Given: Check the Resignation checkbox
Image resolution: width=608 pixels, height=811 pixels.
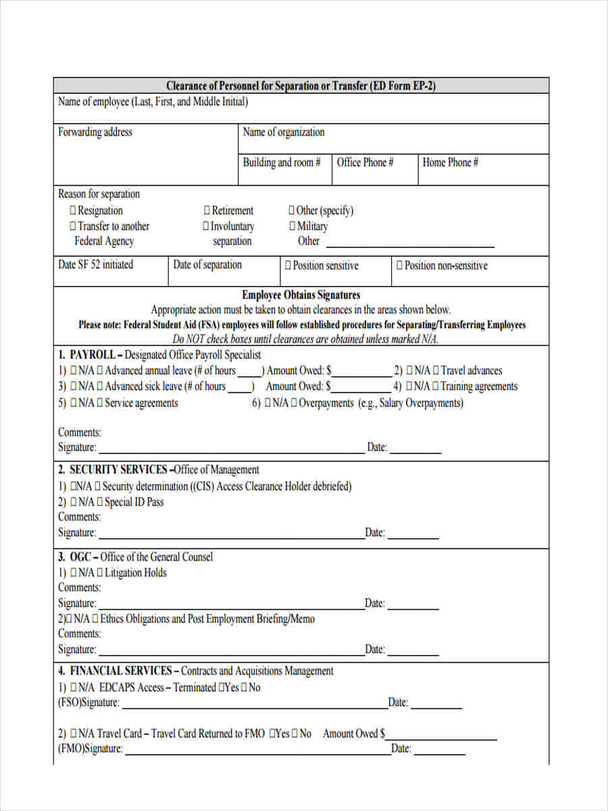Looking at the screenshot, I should coord(73,211).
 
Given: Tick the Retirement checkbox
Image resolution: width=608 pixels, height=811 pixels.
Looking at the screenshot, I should coord(207,211).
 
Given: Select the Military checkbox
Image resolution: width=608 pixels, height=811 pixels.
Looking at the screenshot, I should coord(292,226).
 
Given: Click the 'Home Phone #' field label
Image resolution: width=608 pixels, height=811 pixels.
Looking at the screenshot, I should coord(450,163).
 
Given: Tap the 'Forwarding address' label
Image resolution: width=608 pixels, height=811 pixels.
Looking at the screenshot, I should coord(95,132).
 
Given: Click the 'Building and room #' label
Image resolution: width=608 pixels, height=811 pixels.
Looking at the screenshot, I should coord(282,163).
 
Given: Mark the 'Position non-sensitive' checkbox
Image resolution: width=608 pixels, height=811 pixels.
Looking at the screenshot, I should coord(399,266).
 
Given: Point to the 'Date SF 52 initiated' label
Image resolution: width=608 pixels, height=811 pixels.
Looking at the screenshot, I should coord(95,265).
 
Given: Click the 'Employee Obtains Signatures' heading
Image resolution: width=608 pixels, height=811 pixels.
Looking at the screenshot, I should coord(301,295).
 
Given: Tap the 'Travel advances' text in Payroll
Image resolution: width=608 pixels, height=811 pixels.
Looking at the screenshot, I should coord(472,370).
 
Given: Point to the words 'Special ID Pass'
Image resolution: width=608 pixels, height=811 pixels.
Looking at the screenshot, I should coord(134,502).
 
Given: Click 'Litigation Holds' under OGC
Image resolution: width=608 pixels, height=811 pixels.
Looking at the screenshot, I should coord(135,573).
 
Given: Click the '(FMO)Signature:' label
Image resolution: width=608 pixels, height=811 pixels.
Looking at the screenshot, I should coord(90,749).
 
